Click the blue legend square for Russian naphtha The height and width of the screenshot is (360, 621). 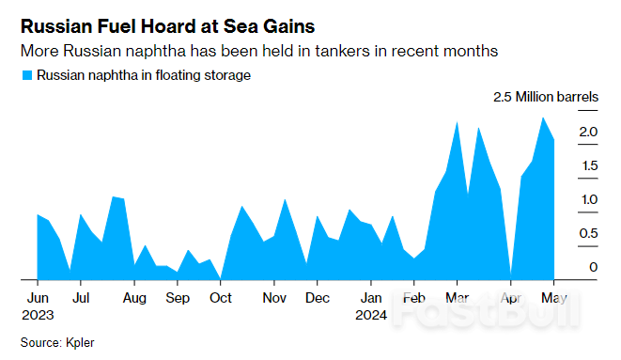coord(26,75)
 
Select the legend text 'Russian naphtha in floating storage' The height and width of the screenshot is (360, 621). coord(144,75)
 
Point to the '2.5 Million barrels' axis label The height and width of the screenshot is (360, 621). coord(546,97)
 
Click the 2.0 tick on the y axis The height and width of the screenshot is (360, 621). coord(589,133)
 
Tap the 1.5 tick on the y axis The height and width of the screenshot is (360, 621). coord(589,166)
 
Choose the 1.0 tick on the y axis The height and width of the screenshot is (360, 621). coord(589,200)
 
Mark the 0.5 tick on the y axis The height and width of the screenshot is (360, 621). coord(589,234)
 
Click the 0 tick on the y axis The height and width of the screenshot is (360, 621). coord(594,268)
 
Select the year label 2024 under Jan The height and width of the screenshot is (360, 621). coord(372,315)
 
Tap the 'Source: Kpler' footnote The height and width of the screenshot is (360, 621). coord(57,343)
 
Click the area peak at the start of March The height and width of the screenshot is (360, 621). coord(457,122)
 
